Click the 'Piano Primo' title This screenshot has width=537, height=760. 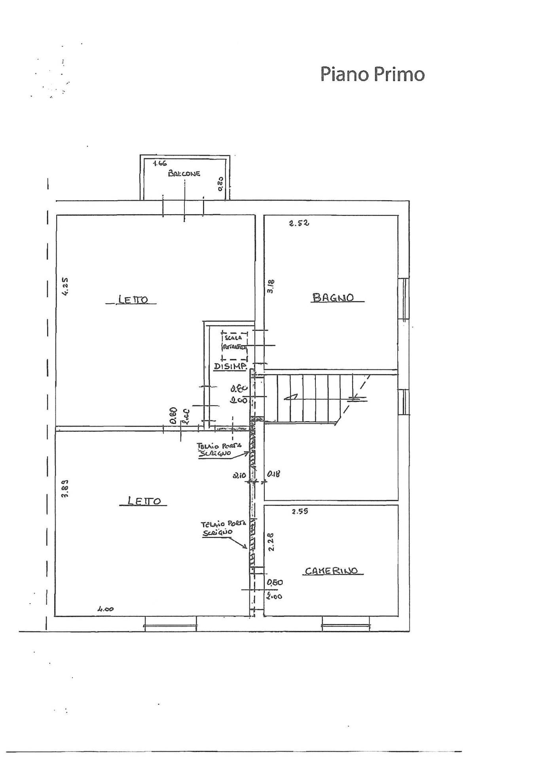pyautogui.click(x=372, y=74)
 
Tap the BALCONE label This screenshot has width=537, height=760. pyautogui.click(x=184, y=173)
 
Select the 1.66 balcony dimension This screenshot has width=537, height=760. pyautogui.click(x=160, y=163)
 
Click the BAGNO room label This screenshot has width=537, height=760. pyautogui.click(x=333, y=297)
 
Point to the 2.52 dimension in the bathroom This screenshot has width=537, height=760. pyautogui.click(x=299, y=223)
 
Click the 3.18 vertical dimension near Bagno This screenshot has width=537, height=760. pyautogui.click(x=271, y=286)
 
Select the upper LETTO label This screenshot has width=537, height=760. pyautogui.click(x=133, y=300)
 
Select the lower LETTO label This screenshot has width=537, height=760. pyautogui.click(x=144, y=501)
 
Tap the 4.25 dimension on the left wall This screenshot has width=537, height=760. pyautogui.click(x=66, y=286)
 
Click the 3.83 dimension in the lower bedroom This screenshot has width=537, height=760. pyautogui.click(x=66, y=488)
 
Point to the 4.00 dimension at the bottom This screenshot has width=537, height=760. pyautogui.click(x=106, y=609)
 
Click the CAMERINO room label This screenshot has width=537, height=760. pyautogui.click(x=331, y=571)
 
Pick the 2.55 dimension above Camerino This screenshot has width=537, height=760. pyautogui.click(x=300, y=511)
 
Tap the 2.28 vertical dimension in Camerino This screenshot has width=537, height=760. pyautogui.click(x=271, y=541)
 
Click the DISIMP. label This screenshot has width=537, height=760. pyautogui.click(x=230, y=367)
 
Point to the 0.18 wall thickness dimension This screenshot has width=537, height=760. pyautogui.click(x=274, y=474)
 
